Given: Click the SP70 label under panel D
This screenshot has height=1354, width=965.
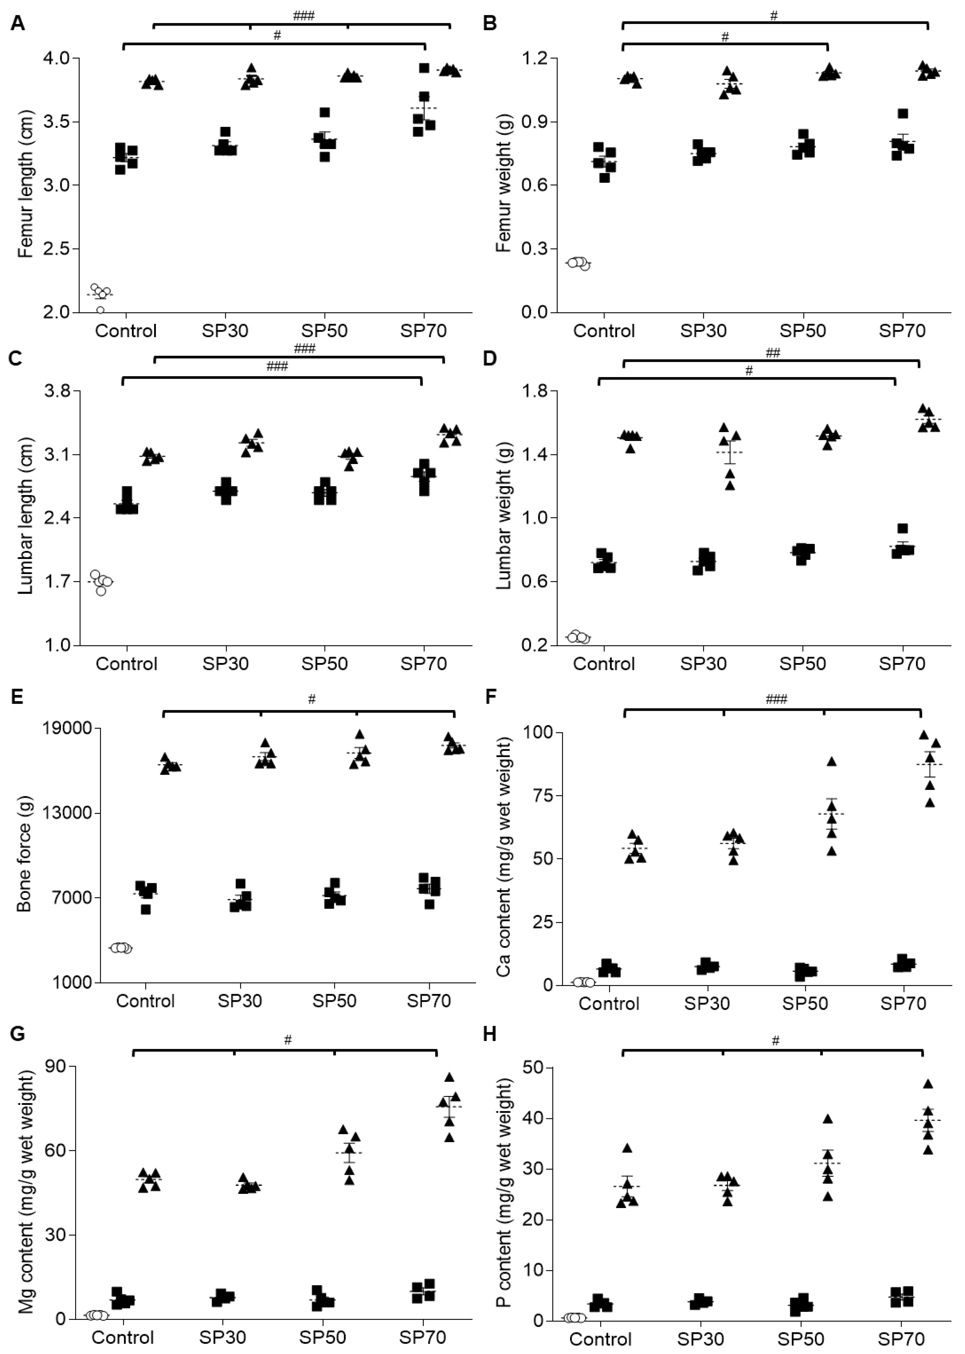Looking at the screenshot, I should (902, 663).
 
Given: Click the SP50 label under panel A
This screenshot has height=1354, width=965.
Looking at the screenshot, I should (324, 331).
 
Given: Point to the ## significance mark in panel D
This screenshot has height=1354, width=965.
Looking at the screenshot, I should (773, 353).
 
